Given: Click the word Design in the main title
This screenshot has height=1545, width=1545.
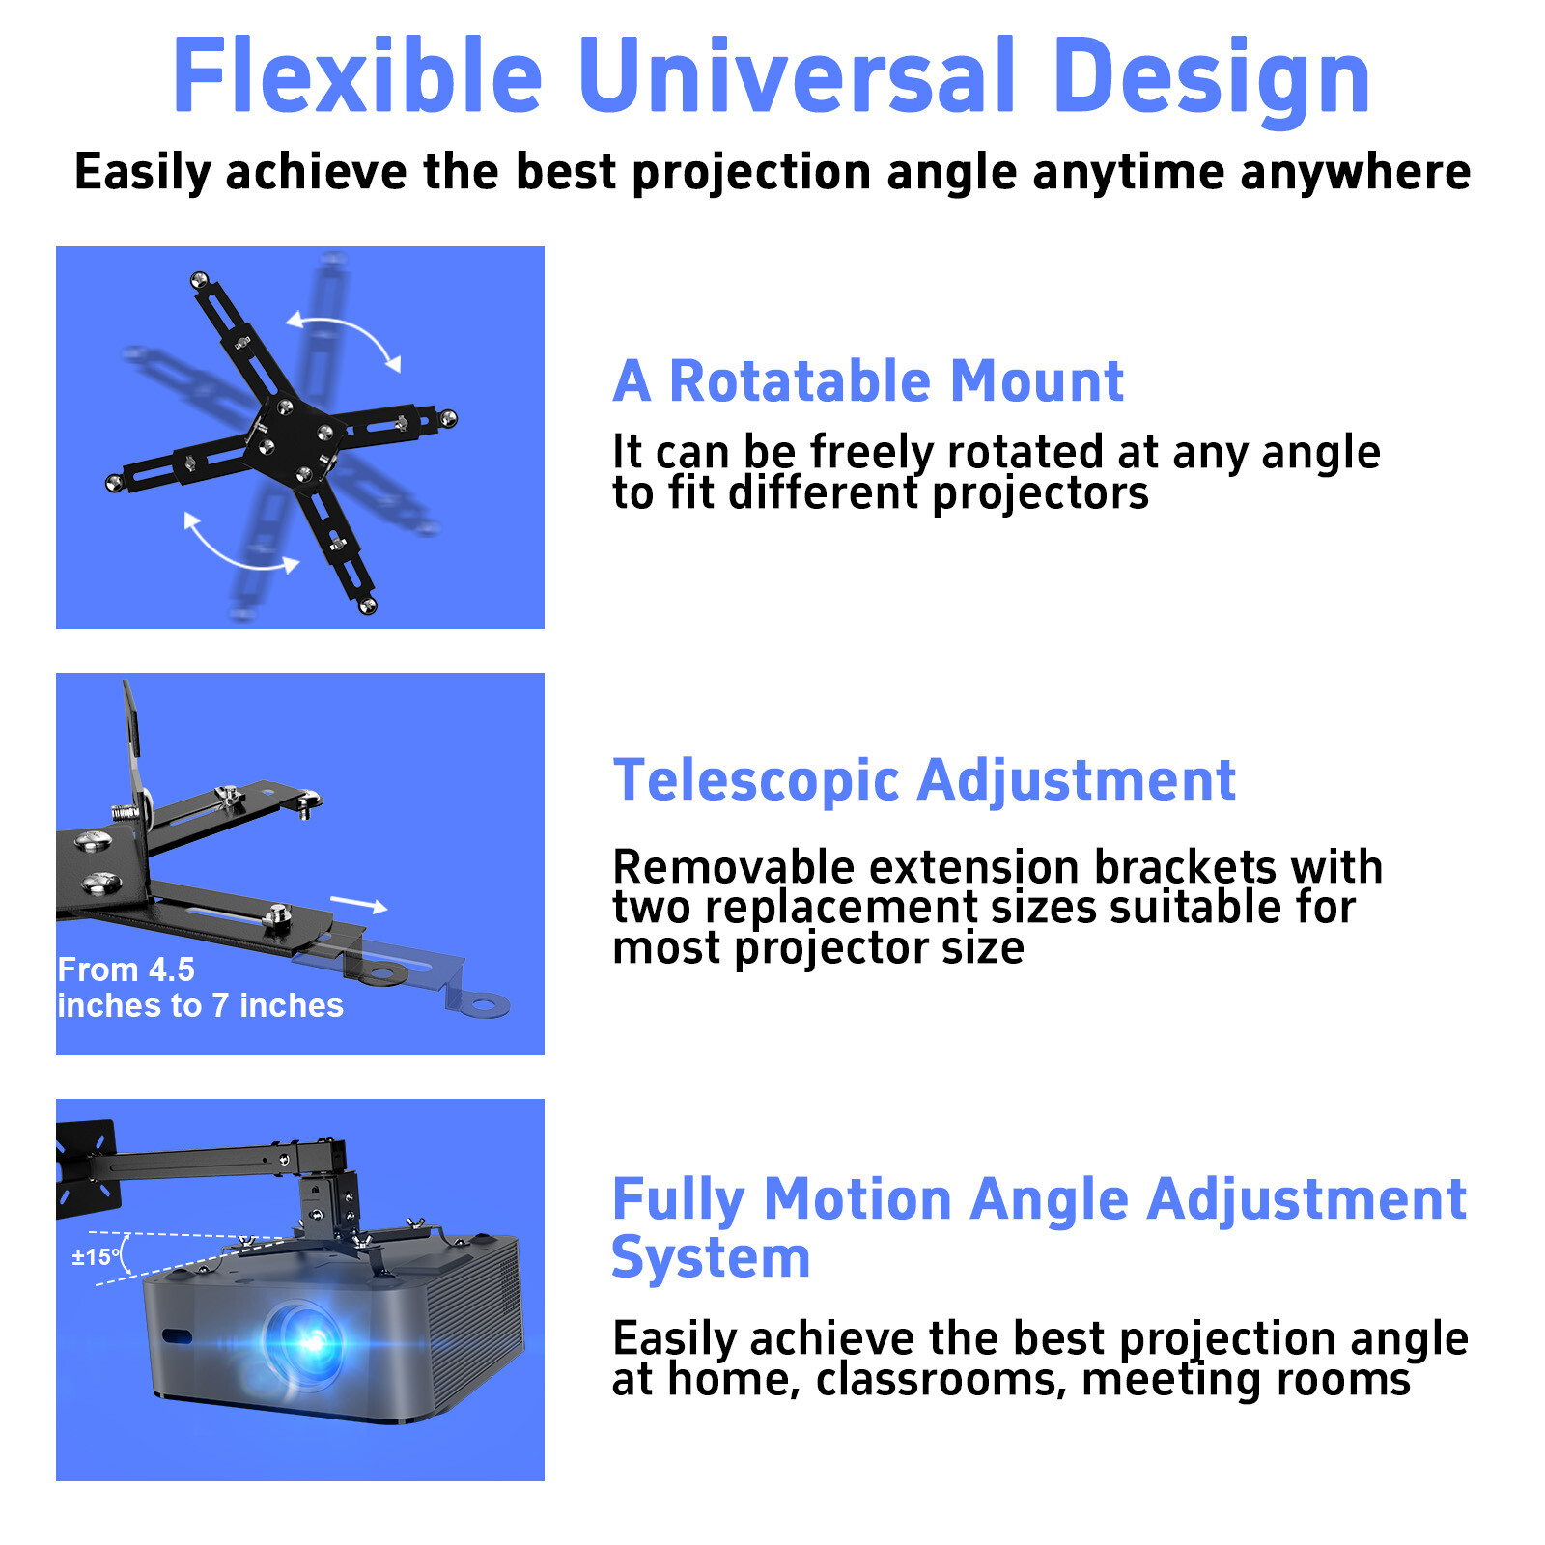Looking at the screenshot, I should click(x=1211, y=77).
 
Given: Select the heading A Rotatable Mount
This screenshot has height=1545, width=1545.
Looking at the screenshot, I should click(x=867, y=380).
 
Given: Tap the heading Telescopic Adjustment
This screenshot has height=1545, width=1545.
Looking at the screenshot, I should click(x=924, y=780).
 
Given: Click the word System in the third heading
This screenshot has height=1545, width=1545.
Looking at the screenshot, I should click(x=711, y=1258).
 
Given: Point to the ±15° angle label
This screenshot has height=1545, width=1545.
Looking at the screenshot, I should click(x=96, y=1257).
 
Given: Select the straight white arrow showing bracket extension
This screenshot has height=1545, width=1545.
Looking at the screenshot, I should click(x=358, y=904).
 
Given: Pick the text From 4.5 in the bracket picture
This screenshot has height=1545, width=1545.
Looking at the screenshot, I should click(x=126, y=969).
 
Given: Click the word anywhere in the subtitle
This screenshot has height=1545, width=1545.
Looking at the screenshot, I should click(x=1355, y=173).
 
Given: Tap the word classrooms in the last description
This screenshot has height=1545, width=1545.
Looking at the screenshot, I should click(x=941, y=1379).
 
